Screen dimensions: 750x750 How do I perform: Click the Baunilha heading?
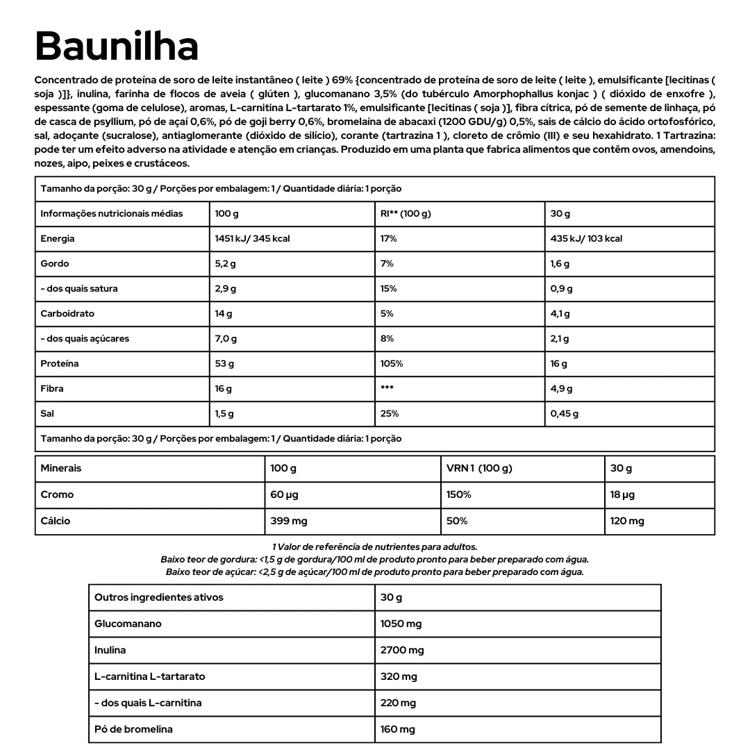(117, 47)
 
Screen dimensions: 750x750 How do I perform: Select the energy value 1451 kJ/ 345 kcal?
(252, 239)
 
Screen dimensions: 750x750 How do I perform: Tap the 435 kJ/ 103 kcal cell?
(586, 239)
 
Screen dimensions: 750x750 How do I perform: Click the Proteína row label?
(60, 364)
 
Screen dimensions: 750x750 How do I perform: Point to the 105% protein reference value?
(392, 364)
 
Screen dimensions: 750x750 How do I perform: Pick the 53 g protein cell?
(224, 364)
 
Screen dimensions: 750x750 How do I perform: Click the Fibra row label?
(52, 389)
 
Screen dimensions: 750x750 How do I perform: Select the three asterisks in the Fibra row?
(387, 389)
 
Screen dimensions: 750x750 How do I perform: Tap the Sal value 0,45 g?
(564, 414)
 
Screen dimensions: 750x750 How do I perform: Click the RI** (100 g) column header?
(406, 214)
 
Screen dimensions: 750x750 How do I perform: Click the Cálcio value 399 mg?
(289, 522)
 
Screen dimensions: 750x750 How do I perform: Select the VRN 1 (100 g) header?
(479, 469)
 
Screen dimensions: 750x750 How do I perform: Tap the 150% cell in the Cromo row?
(459, 495)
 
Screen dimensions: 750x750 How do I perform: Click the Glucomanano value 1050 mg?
(401, 624)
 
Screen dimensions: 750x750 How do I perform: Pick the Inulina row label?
(110, 651)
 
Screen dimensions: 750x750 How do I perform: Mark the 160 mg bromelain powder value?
(398, 730)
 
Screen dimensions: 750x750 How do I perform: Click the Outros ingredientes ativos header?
(159, 598)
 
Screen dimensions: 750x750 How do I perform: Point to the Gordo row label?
(55, 264)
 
